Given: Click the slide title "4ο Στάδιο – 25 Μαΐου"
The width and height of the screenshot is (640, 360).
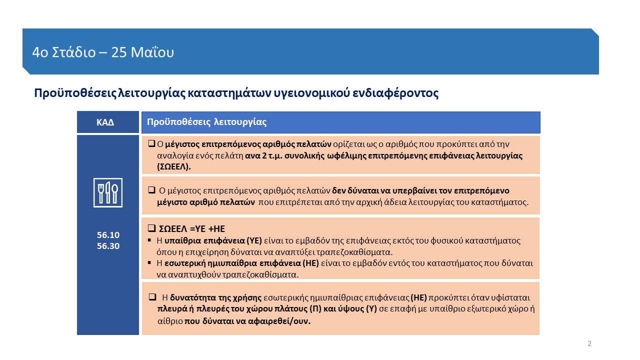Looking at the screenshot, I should coord(102,52).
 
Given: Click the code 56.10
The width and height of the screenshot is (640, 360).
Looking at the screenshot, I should coord(108,235).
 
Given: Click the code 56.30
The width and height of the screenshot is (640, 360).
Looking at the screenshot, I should coord(108,246).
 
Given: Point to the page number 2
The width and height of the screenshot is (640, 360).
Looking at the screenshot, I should coord(589,343).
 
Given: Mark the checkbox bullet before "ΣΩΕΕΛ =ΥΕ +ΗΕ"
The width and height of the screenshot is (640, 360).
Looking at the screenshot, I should coord(152,228).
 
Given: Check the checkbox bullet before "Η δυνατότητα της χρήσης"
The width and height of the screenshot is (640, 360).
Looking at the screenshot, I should coord(153,297).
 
